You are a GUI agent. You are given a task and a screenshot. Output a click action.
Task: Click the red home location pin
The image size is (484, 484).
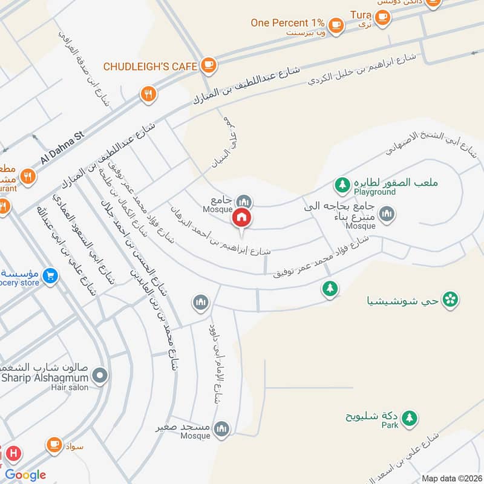click(242, 217)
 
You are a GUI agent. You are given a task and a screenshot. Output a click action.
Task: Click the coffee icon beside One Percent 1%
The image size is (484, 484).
click(336, 25)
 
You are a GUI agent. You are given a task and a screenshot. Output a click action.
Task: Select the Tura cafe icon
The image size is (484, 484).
click(382, 16)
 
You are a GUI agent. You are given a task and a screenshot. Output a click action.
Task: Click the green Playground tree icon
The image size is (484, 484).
click(342, 184)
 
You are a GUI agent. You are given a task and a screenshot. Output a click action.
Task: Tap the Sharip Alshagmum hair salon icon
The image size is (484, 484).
click(100, 376)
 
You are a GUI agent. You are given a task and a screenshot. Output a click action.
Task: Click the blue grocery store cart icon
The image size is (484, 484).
click(51, 276)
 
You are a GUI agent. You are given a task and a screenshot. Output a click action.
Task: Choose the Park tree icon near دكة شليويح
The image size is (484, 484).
click(410, 417)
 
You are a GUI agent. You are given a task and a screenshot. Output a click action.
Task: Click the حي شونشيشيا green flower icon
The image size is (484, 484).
click(450, 299)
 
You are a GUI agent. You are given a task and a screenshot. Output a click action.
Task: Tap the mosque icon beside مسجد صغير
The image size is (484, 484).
click(222, 428)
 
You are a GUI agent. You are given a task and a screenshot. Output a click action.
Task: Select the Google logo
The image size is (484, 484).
click(25, 475)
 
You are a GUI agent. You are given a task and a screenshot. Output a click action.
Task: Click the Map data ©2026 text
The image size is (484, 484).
click(451, 478)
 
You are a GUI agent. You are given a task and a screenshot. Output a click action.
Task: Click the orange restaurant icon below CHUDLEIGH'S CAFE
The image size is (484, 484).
click(148, 94)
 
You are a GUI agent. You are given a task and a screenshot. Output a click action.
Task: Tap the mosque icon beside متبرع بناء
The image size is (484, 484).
click(387, 214)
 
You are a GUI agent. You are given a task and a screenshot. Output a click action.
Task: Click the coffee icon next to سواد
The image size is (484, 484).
click(54, 445)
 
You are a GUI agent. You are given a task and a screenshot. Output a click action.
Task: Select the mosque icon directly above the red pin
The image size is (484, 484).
click(244, 201)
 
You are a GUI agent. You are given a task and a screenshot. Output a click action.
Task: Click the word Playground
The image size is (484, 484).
click(374, 192)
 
